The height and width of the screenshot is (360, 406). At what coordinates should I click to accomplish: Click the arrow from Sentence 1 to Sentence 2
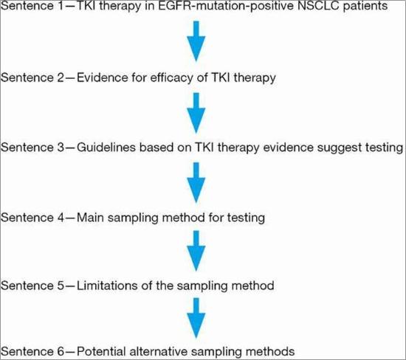pos(196,41)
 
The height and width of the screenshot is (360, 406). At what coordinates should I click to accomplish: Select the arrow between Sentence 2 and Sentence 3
pos(196,113)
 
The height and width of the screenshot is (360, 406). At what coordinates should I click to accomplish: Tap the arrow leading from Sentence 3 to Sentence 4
pos(196,182)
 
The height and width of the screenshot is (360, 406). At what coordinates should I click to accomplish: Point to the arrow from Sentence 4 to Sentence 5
pos(196,251)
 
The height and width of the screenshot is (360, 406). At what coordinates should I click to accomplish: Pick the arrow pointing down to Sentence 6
pos(196,318)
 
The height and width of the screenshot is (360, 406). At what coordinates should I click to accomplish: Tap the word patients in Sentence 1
pos(365,6)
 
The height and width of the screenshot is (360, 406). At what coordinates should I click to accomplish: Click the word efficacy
pos(172,78)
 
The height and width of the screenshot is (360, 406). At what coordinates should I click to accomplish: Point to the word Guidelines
pos(106,148)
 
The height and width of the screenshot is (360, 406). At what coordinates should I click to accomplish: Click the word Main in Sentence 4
pos(91,218)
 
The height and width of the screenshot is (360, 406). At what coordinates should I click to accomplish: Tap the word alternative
pos(159,352)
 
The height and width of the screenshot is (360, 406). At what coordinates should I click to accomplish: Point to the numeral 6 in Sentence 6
pos(61,352)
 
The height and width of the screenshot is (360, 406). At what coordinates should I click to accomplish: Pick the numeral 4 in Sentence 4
pos(61,218)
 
